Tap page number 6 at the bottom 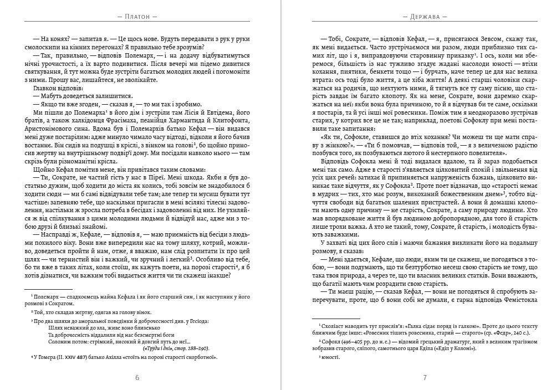click(x=137, y=378)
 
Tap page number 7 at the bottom click(x=425, y=378)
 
